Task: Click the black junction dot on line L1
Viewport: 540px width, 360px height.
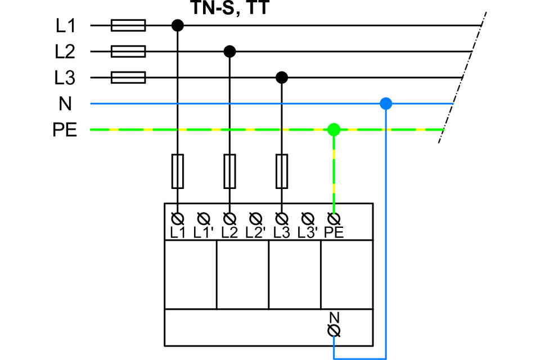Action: [x=178, y=25]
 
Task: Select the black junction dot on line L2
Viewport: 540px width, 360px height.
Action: [x=229, y=52]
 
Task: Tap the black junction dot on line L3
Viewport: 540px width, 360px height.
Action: [x=282, y=78]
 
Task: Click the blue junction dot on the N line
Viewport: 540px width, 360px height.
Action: [x=386, y=103]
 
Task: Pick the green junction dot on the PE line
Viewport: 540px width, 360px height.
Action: [x=334, y=129]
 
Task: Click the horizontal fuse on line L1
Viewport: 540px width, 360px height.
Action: [x=128, y=25]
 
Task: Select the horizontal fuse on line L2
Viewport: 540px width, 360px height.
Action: [x=128, y=52]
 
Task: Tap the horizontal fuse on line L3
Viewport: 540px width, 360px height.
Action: [x=128, y=78]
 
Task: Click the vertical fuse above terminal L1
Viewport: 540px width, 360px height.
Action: [x=178, y=171]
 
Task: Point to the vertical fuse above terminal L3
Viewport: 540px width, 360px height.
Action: [x=282, y=171]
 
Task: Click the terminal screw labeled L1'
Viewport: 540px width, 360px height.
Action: [x=204, y=218]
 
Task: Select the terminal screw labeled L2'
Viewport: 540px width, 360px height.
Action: [x=255, y=218]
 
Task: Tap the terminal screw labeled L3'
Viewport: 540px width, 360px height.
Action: [x=308, y=218]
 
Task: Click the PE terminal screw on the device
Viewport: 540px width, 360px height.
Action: [x=334, y=218]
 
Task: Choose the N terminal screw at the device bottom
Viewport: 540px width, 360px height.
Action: [x=334, y=330]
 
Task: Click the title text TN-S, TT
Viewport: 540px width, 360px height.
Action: [x=230, y=7]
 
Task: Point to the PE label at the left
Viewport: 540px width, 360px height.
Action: [x=65, y=130]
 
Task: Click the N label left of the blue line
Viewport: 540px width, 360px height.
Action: [x=65, y=103]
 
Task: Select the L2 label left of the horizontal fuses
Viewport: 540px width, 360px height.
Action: [x=65, y=52]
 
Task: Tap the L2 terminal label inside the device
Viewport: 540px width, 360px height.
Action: [x=229, y=233]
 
